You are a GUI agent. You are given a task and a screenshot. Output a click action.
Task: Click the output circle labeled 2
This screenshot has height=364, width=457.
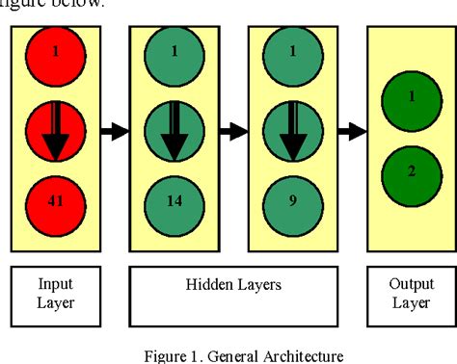point(411,171)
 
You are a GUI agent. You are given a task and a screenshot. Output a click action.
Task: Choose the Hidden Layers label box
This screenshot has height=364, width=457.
point(233,296)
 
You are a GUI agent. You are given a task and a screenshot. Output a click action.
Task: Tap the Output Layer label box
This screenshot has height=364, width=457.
point(411,296)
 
